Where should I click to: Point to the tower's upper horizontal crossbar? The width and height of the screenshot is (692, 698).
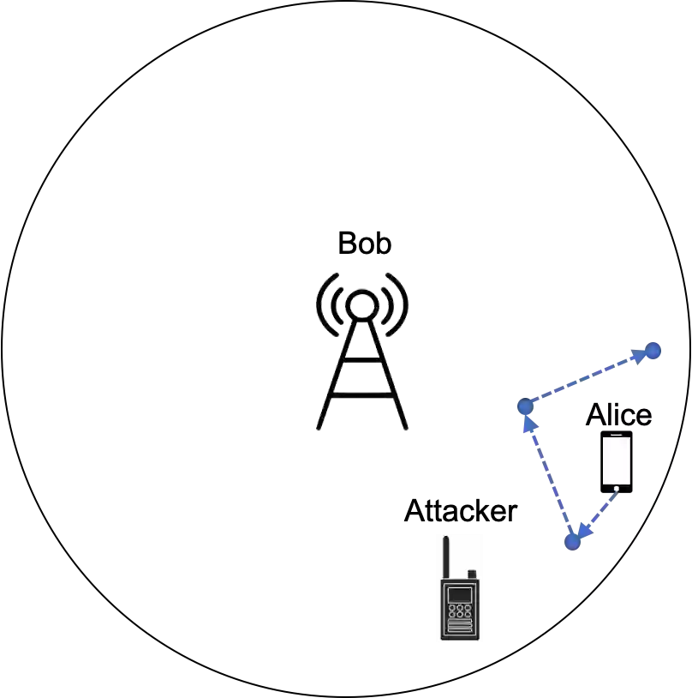[362, 364]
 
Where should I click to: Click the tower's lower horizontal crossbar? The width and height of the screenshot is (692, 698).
[362, 396]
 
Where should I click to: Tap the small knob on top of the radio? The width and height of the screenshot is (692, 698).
[471, 574]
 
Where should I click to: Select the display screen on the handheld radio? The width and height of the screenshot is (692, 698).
[460, 594]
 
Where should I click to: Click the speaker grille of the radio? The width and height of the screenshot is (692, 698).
[460, 629]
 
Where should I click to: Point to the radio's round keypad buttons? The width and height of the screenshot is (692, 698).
[460, 611]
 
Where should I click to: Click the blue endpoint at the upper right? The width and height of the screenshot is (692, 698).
[653, 350]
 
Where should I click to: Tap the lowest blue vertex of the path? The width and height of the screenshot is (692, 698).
[572, 542]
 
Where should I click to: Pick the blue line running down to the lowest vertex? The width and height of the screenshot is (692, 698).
[548, 475]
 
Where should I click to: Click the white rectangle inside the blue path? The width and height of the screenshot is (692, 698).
[617, 460]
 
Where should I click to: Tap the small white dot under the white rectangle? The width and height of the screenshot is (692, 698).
[617, 489]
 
